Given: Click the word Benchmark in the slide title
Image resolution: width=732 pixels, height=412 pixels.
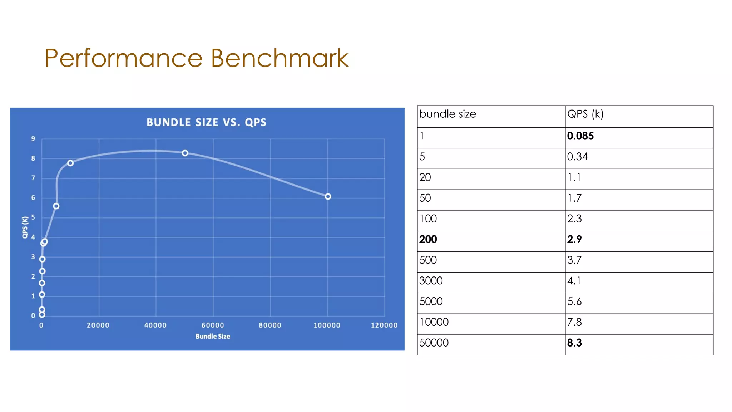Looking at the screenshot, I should [279, 58].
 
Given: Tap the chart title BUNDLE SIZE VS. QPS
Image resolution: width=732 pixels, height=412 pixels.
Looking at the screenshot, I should [206, 122].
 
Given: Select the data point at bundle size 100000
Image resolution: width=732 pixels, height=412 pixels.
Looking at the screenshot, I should [328, 196].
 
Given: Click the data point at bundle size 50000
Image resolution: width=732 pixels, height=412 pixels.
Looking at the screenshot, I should [185, 153].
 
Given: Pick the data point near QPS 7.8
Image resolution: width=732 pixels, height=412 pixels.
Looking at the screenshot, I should [70, 163].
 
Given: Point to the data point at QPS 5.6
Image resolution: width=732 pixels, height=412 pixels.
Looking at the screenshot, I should [56, 206].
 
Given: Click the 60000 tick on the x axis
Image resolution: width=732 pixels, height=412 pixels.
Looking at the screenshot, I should [213, 325].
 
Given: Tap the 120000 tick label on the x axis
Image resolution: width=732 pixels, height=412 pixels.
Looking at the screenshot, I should [384, 325].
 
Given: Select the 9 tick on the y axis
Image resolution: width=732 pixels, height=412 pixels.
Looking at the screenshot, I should [33, 139].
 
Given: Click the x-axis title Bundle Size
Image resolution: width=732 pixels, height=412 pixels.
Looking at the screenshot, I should [213, 336].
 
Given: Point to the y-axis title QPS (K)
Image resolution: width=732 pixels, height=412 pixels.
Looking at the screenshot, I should [25, 227].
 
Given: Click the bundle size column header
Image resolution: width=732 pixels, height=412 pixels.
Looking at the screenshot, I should [447, 114].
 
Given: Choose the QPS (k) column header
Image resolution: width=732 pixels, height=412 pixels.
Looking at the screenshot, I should [585, 114].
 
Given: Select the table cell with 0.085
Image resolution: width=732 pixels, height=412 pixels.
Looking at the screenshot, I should [580, 136].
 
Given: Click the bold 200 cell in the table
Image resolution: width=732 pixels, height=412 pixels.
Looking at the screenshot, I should [428, 239].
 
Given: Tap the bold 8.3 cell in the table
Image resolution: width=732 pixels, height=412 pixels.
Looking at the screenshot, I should [574, 343].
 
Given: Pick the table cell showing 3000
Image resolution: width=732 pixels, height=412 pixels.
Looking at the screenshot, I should [431, 281].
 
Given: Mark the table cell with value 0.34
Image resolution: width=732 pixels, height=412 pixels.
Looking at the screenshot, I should [577, 157].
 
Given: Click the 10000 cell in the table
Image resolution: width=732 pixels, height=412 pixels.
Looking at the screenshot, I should [434, 322].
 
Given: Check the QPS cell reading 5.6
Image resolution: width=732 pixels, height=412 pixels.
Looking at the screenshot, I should [574, 301].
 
